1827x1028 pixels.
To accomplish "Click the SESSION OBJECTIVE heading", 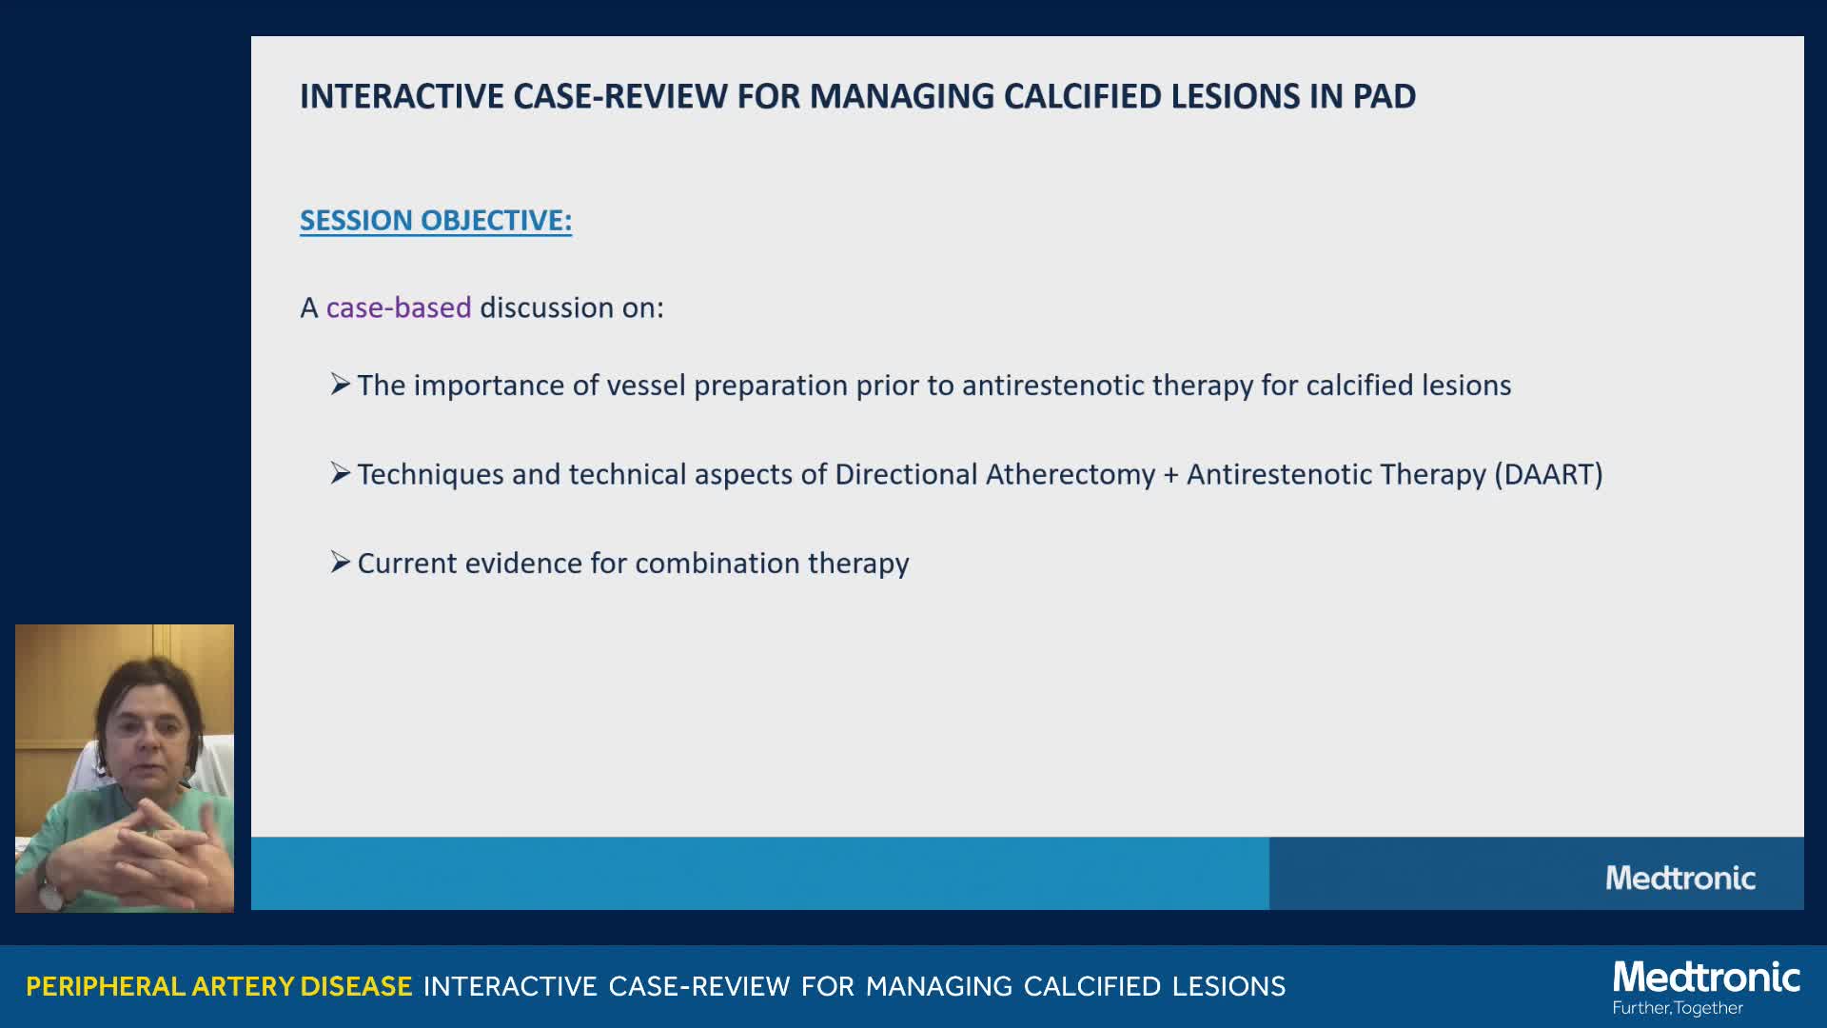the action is point(436,221).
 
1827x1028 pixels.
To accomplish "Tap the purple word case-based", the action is point(399,307).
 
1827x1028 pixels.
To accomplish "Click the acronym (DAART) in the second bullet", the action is point(1548,474).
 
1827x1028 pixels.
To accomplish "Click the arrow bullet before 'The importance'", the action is point(341,385).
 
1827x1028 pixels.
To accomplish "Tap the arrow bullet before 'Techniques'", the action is point(341,473).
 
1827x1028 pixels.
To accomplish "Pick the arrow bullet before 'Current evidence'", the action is point(341,563).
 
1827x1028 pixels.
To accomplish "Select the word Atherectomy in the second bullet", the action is point(1071,474).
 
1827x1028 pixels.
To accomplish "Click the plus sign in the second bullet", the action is point(1171,475).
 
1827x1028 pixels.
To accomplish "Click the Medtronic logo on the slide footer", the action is point(1680,878).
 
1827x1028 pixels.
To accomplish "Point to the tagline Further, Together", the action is point(1678,1008).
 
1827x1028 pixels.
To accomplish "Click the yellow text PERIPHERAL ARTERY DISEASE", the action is point(219,986).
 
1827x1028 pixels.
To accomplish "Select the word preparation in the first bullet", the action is point(771,386).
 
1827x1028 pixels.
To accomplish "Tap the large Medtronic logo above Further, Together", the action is point(1707,978).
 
